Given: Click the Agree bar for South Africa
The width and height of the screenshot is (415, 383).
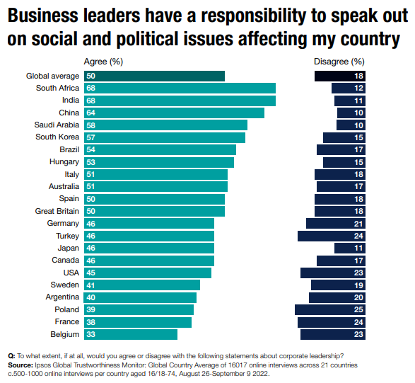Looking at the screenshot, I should [180, 88].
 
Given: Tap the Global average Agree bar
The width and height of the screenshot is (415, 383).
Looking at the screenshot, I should [154, 76].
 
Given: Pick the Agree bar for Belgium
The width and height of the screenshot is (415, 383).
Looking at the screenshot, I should [131, 334].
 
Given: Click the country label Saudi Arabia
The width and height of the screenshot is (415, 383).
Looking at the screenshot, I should [57, 125].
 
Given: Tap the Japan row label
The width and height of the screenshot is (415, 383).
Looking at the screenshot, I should [68, 248].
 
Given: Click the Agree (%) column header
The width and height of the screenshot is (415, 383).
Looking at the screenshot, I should [105, 62].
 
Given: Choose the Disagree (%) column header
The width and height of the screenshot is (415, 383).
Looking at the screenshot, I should [339, 62].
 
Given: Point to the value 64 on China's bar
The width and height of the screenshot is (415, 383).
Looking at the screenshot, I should [90, 113].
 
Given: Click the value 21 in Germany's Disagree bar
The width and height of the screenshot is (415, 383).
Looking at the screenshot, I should [358, 223].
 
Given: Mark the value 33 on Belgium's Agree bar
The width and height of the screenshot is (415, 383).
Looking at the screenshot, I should [90, 334].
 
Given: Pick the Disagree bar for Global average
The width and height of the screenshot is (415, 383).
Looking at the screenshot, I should [340, 76].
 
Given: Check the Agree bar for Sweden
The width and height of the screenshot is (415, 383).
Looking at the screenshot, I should [142, 285].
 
